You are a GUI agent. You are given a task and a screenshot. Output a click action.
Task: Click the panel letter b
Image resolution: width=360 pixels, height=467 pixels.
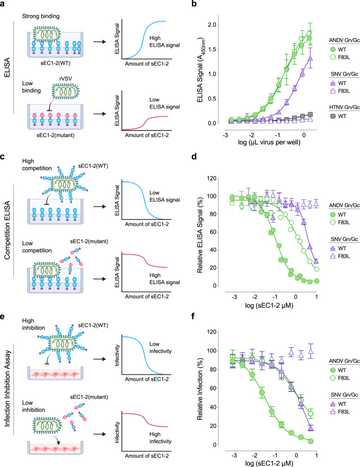pos(194,4)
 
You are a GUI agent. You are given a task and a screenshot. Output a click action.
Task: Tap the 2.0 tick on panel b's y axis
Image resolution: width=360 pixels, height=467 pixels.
pos(212,25)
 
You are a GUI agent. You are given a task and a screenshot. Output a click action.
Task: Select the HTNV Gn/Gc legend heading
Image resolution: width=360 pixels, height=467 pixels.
pos(345,107)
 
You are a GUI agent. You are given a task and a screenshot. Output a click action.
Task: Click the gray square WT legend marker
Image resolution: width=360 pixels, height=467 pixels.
pos(333,116)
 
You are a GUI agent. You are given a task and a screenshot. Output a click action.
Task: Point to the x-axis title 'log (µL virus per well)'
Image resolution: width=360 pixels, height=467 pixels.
pos(269,142)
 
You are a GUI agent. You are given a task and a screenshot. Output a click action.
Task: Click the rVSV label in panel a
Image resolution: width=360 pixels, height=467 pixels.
pos(66,79)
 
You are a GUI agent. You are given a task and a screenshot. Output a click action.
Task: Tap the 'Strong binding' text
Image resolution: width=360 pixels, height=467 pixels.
pos(41,16)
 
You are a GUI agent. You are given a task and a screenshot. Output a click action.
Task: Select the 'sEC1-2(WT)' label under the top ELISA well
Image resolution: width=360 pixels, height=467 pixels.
pos(56,63)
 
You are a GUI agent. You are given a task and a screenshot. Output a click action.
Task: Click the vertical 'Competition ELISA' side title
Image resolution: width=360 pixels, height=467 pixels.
pos(7,230)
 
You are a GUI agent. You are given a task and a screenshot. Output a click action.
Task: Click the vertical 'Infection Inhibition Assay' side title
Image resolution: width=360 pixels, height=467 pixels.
pos(7,388)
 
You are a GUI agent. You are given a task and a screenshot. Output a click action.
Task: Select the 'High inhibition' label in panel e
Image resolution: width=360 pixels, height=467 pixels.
pos(33,324)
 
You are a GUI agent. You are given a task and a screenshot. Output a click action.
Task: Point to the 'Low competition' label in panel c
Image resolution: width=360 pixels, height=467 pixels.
pos(37,247)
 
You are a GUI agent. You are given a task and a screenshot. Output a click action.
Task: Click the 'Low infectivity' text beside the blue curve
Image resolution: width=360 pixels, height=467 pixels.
pos(160,348)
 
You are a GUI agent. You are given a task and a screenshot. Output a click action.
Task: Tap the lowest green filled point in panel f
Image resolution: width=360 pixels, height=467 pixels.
pos(311,441)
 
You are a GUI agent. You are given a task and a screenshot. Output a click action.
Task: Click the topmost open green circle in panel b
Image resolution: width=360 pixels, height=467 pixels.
pos(309,33)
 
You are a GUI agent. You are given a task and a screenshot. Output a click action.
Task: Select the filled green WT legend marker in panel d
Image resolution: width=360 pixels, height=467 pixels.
pos(333,214)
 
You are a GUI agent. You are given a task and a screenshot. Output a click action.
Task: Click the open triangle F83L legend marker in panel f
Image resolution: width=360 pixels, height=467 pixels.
pos(333,412)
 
